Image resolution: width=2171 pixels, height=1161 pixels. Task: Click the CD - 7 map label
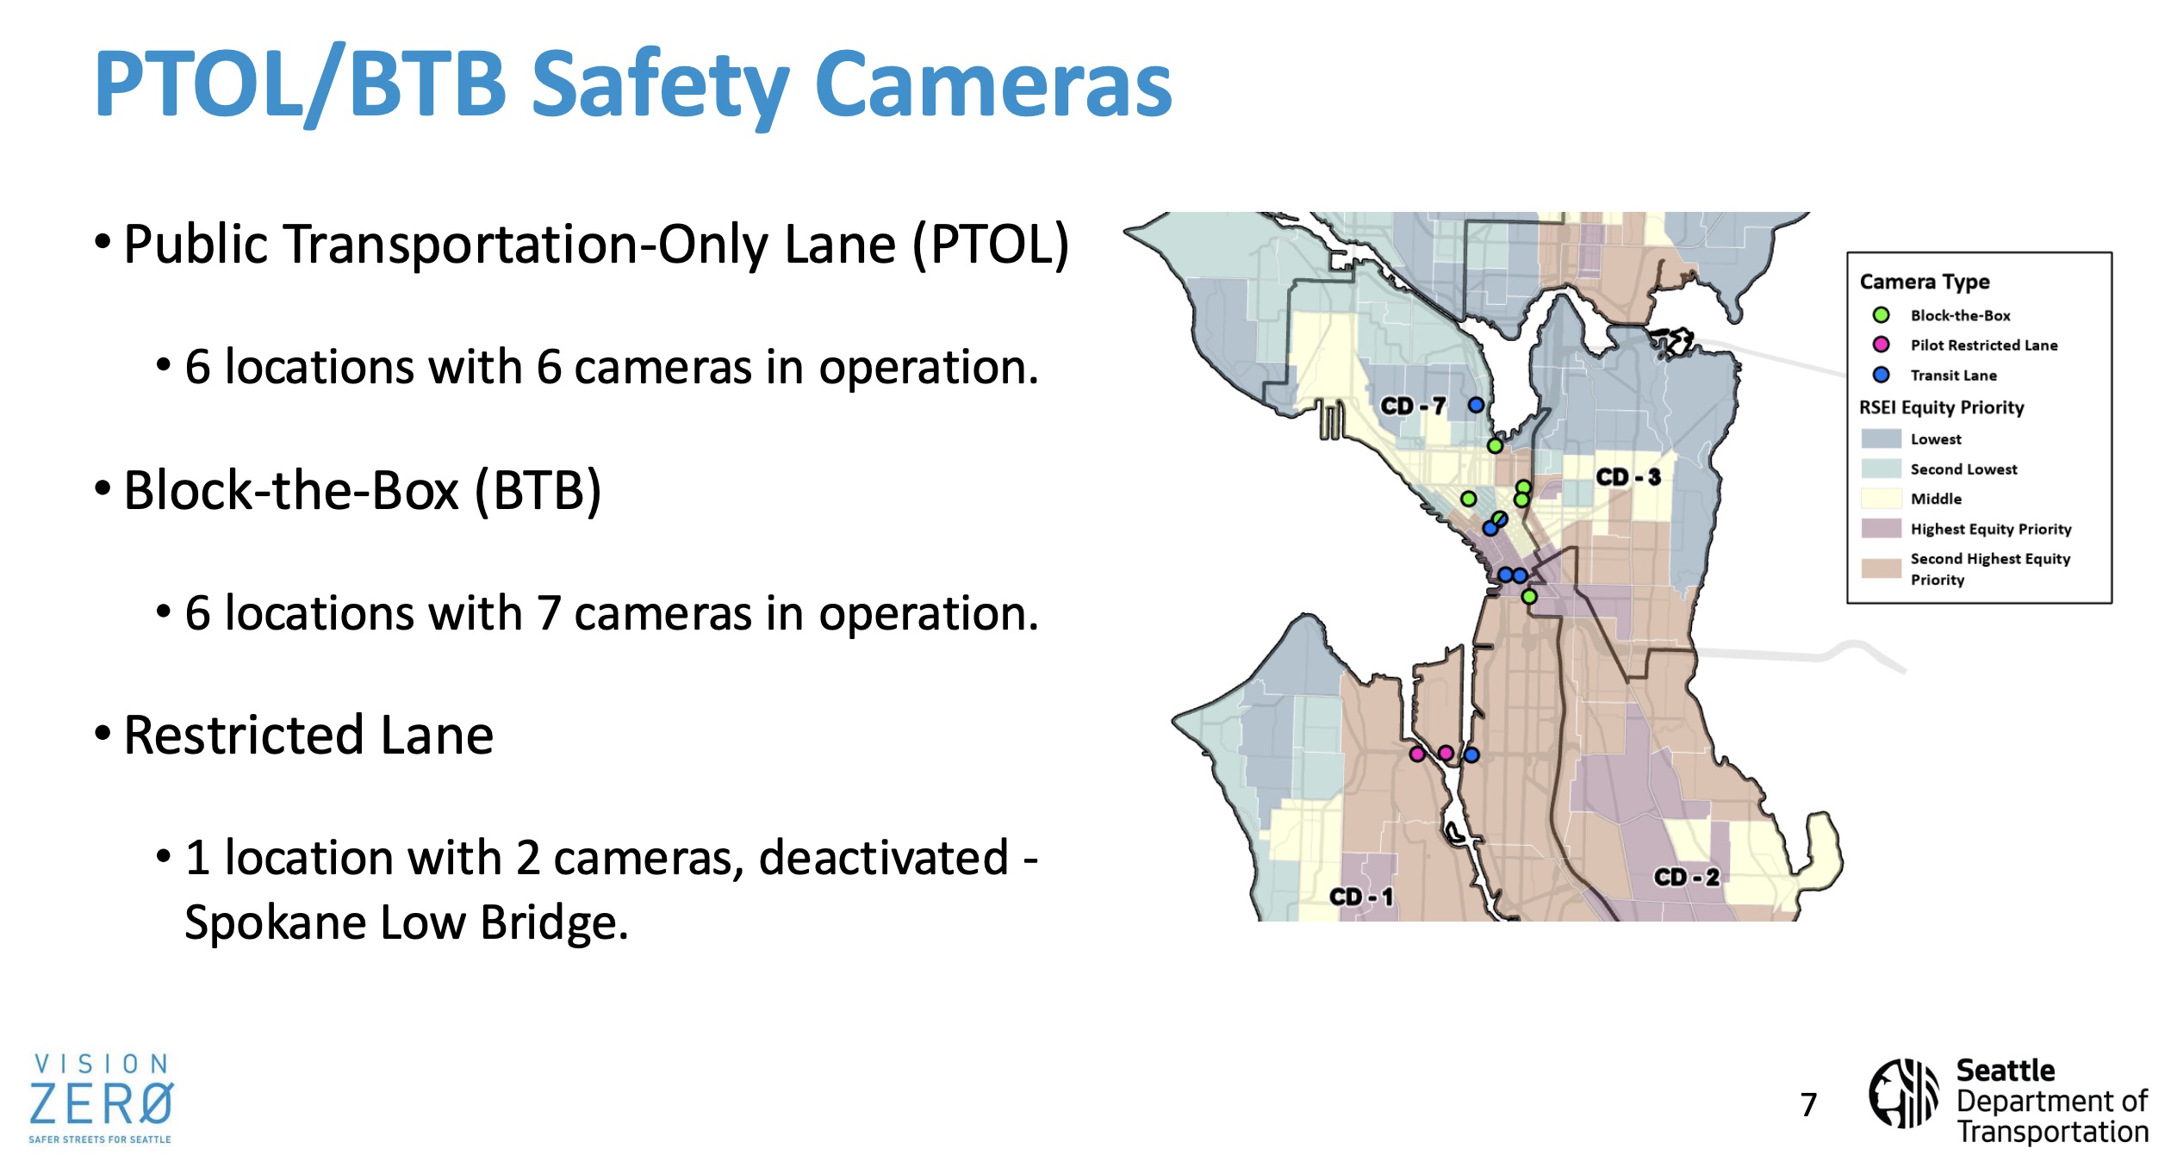[1413, 406]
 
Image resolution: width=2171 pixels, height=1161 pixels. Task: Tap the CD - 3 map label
[1628, 477]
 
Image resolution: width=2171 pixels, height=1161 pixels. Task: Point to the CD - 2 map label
[1687, 877]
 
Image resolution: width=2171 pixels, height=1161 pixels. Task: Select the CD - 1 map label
[1361, 897]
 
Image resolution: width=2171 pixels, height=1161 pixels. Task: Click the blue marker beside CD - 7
[1477, 405]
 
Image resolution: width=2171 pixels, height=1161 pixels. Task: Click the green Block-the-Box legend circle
[1882, 315]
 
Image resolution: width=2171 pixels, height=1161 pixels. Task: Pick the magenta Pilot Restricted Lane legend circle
[1882, 345]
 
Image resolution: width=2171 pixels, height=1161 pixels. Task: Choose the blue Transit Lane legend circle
[1882, 375]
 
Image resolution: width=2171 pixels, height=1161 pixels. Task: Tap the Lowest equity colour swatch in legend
[1882, 438]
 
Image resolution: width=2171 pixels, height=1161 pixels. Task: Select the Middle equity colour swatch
[1882, 499]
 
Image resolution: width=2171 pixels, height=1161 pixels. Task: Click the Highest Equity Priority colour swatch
[1882, 528]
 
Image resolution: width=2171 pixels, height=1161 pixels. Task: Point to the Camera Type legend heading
[1925, 282]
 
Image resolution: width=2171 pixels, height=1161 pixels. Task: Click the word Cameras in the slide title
[993, 84]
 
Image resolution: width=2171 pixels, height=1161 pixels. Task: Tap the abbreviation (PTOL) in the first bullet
[991, 245]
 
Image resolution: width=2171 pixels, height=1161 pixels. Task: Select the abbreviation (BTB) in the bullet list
[538, 491]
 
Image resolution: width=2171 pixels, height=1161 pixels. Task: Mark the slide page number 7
[1808, 1104]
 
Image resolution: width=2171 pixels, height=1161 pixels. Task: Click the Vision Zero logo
[101, 1098]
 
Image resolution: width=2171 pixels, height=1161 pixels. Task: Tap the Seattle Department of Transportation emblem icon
[1903, 1093]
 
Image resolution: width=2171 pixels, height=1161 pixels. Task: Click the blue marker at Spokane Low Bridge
[1472, 755]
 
